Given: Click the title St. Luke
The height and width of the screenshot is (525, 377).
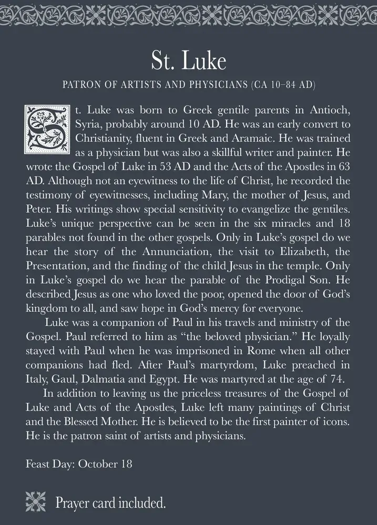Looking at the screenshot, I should click(x=188, y=61).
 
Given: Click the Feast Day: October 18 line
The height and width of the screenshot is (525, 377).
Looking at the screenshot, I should click(x=78, y=465).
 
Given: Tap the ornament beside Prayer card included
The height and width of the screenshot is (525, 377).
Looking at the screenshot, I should click(x=37, y=502).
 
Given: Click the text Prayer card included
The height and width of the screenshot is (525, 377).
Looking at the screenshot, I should click(x=111, y=503).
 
